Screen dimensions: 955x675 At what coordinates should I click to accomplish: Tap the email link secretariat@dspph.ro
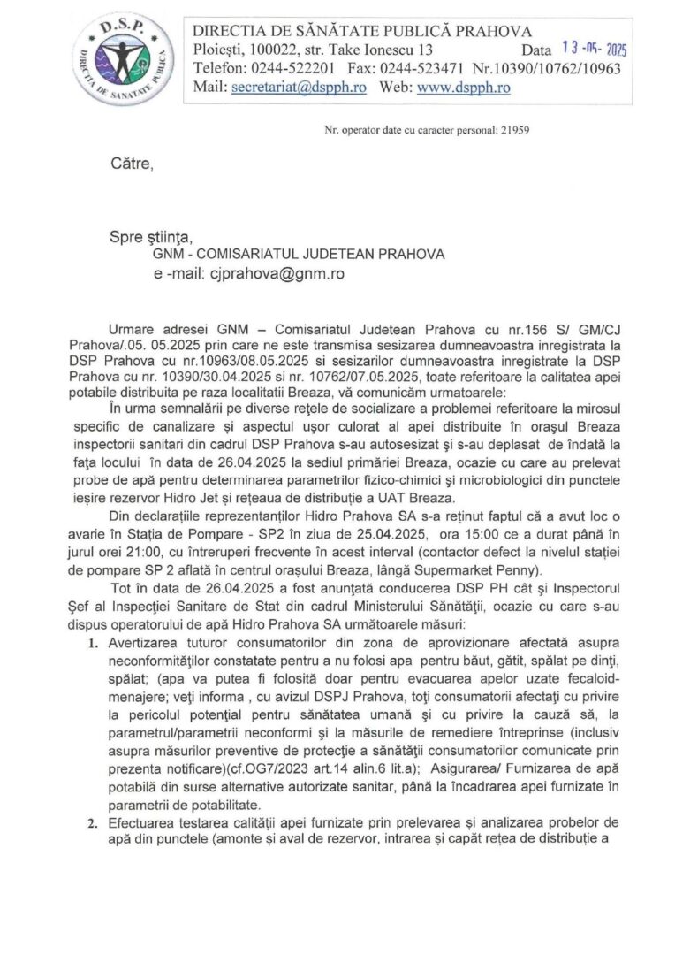pos(297,88)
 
